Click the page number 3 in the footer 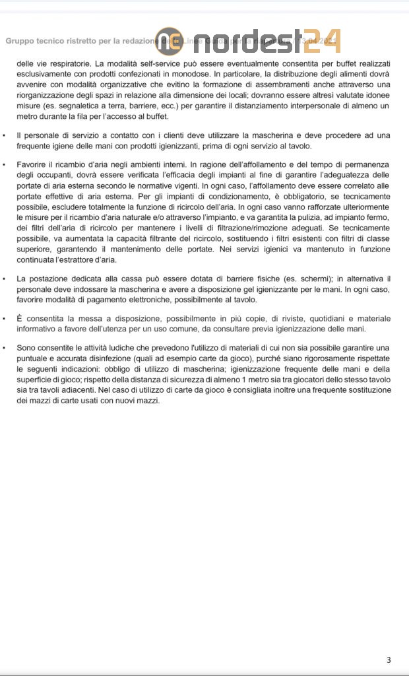389,660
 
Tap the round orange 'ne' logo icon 169,41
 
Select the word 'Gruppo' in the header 20,41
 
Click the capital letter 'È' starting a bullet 20,319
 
